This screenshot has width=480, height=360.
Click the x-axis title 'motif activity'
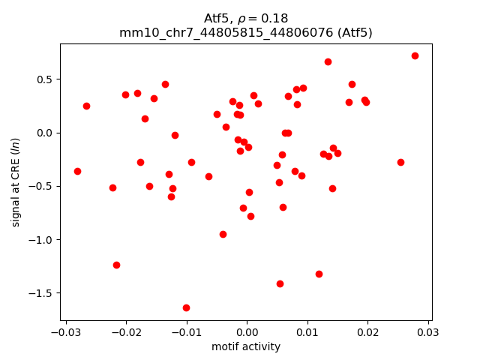246,346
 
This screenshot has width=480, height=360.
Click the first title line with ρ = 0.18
246,18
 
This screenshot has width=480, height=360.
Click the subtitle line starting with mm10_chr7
246,32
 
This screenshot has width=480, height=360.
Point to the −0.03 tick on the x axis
65,331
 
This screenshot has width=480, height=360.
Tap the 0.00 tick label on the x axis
247,331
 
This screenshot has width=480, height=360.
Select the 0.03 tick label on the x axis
428,331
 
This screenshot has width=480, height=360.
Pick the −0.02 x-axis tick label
126,331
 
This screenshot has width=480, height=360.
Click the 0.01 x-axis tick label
307,331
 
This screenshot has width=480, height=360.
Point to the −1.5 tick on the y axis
43,293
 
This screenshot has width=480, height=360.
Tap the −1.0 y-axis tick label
43,240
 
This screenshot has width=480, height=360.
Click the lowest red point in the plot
186,307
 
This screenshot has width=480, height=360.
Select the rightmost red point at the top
415,55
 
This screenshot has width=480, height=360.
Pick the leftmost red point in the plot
77,171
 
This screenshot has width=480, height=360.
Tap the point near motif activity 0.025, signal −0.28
400,162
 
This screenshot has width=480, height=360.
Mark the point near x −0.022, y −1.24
116,265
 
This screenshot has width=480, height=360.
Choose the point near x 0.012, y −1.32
319,274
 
